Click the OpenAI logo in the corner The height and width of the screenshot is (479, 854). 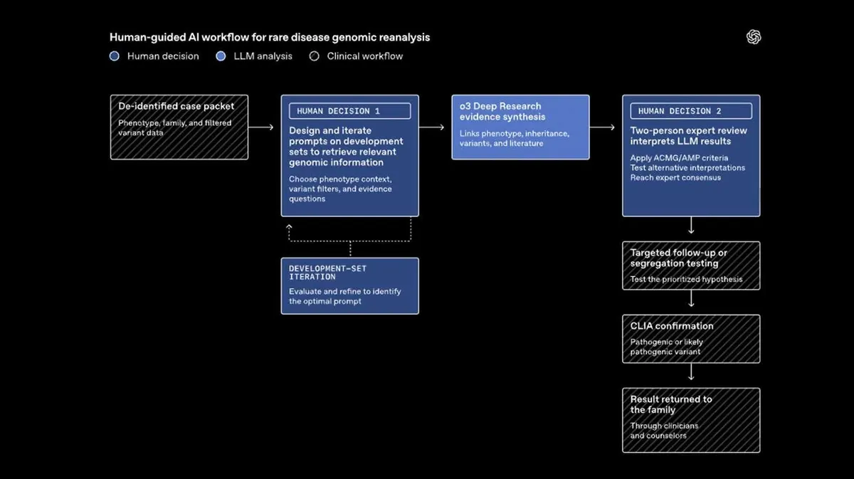coord(754,37)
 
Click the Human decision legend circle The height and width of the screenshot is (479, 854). coord(115,56)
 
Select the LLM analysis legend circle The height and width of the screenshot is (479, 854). coord(221,56)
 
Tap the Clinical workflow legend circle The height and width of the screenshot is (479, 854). coord(314,56)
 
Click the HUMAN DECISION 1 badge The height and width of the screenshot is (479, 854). coord(349,111)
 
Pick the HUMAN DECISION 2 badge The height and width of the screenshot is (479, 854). coord(691,111)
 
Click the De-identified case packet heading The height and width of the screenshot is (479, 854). coord(176,106)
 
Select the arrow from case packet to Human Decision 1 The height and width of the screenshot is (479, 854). coord(260,127)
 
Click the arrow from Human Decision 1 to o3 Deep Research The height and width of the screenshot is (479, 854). coord(431,127)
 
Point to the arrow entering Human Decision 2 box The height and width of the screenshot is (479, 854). coord(602,127)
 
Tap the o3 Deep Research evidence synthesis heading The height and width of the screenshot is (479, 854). coord(502,111)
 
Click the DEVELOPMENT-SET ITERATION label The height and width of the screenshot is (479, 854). coord(327,273)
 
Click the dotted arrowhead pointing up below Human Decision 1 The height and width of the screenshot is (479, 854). coord(289,226)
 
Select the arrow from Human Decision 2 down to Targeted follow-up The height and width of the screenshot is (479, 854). coord(691,225)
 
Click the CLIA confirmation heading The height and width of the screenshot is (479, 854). coord(671,326)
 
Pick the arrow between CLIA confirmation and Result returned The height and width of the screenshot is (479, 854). coord(691,372)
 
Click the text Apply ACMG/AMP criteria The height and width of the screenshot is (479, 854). coord(679,158)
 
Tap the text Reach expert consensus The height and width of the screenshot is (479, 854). coord(675,178)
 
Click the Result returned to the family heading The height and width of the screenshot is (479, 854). coord(671,405)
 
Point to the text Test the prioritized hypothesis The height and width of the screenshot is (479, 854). coord(686,279)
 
